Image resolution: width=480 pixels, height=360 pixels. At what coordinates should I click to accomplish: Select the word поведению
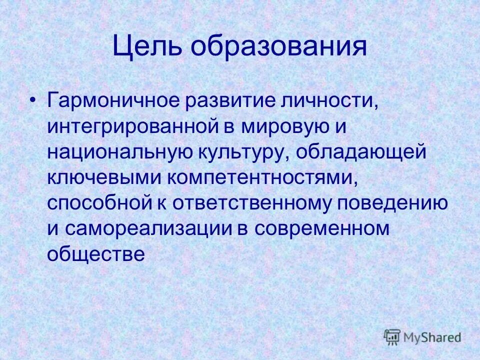pos(392,203)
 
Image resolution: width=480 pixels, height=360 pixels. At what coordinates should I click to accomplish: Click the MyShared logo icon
pos(393,336)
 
